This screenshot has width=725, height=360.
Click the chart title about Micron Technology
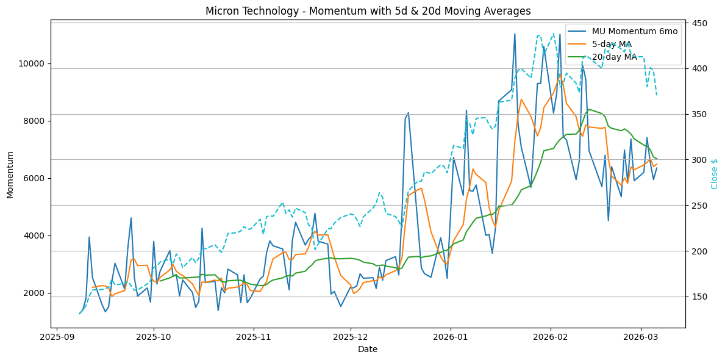(368, 11)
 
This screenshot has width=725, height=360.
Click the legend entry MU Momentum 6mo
(634, 32)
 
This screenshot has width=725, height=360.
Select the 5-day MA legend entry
(612, 44)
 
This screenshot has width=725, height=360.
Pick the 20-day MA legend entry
(615, 57)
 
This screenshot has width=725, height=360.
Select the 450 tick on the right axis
(698, 23)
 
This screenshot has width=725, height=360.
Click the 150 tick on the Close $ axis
(698, 297)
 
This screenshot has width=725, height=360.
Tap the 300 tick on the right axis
(698, 160)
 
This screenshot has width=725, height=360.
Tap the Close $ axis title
(715, 174)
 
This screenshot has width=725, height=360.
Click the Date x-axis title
(368, 349)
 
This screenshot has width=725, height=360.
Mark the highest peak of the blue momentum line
(515, 34)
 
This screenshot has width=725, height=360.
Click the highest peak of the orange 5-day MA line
(560, 76)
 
